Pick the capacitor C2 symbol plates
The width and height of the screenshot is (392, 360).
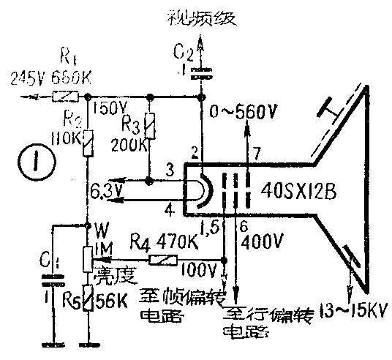click(202, 73)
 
